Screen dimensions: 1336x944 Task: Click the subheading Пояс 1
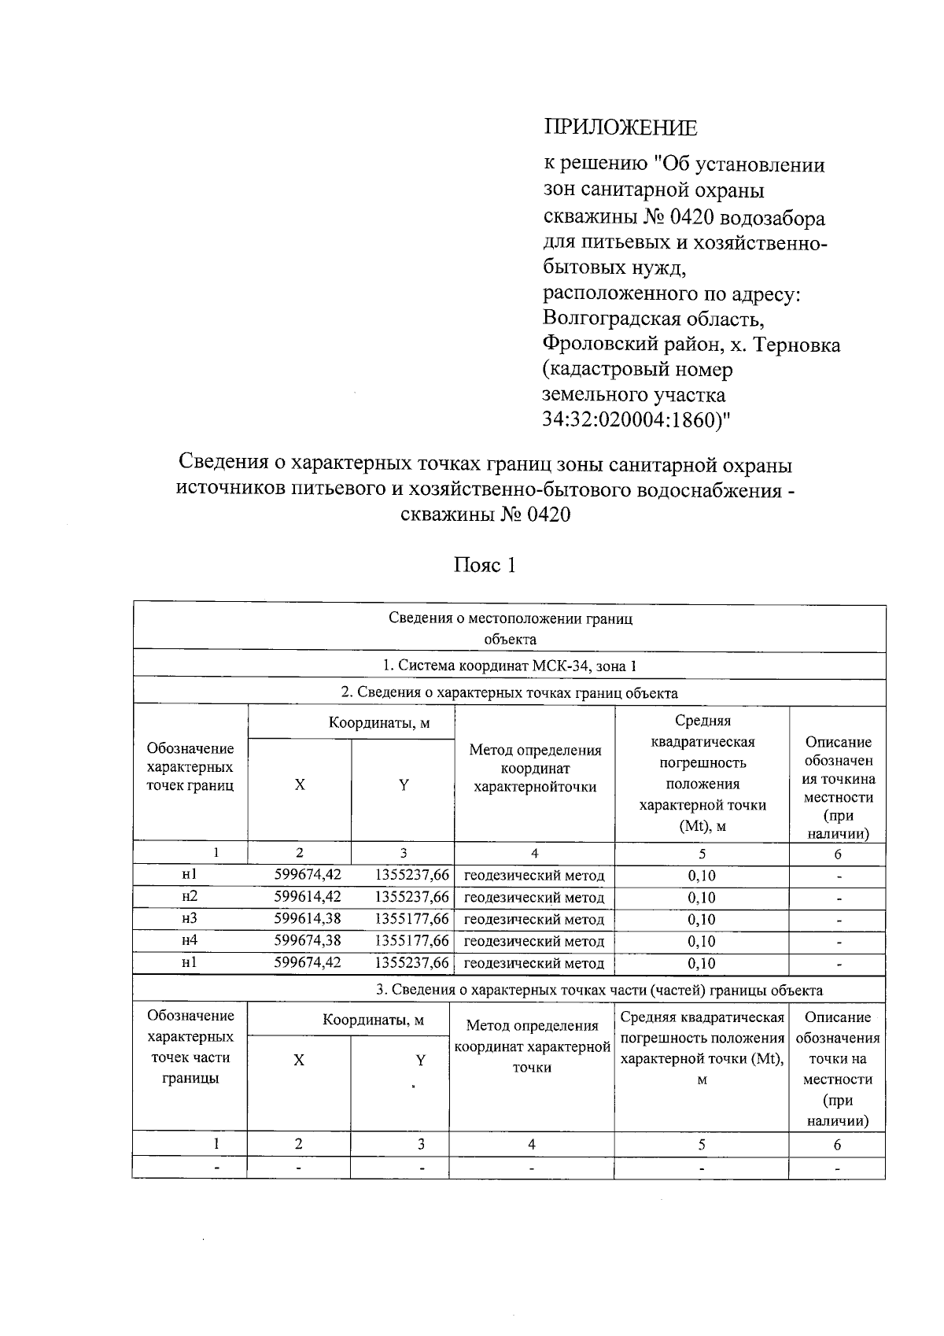(x=485, y=565)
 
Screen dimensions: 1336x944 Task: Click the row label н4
(x=189, y=941)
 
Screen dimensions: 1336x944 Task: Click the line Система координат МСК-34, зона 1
(x=509, y=666)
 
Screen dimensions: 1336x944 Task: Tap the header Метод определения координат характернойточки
(x=535, y=769)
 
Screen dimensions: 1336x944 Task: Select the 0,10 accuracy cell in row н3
(x=702, y=920)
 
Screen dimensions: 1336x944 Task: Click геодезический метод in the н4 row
(x=535, y=942)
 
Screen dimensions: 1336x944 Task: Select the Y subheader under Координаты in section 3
(x=421, y=1061)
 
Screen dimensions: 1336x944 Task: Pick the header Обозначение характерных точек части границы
(x=190, y=1047)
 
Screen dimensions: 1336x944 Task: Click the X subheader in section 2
(x=300, y=785)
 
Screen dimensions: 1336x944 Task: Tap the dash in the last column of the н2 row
(x=839, y=899)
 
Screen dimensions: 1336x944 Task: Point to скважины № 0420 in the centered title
(x=485, y=515)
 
